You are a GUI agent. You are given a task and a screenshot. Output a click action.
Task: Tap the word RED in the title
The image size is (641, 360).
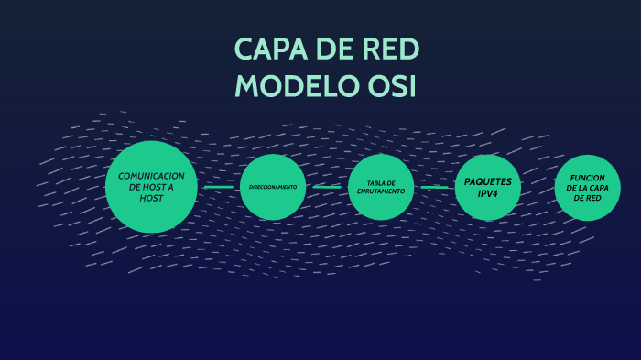[391, 49]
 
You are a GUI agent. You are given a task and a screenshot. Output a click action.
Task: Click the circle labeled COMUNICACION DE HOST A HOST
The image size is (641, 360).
[151, 187]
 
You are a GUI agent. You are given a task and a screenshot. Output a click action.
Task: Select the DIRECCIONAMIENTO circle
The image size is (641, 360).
[272, 187]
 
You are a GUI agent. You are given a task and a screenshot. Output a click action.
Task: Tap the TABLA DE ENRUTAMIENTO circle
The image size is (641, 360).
[381, 187]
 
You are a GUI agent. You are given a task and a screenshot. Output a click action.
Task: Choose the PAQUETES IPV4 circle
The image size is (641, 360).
[488, 187]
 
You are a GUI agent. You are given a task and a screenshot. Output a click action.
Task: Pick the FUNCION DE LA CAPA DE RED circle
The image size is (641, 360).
[587, 188]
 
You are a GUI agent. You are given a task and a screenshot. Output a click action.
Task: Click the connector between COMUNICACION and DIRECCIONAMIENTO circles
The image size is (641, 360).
[218, 187]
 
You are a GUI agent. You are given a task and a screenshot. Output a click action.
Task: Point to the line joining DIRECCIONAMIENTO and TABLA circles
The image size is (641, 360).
[327, 187]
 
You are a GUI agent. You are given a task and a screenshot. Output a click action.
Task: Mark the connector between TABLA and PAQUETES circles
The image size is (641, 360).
[435, 187]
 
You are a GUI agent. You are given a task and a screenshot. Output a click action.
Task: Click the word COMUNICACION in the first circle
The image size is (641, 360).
[151, 176]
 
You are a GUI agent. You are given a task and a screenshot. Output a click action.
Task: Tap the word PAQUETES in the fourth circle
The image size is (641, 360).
[488, 181]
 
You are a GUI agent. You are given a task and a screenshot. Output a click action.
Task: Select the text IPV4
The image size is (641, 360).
[488, 192]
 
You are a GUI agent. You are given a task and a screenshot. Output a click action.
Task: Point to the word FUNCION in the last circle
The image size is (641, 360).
[587, 178]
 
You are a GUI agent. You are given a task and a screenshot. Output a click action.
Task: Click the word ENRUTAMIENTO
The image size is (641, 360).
[381, 191]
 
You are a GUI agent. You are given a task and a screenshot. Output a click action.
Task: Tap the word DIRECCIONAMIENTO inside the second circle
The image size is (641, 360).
[272, 187]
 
